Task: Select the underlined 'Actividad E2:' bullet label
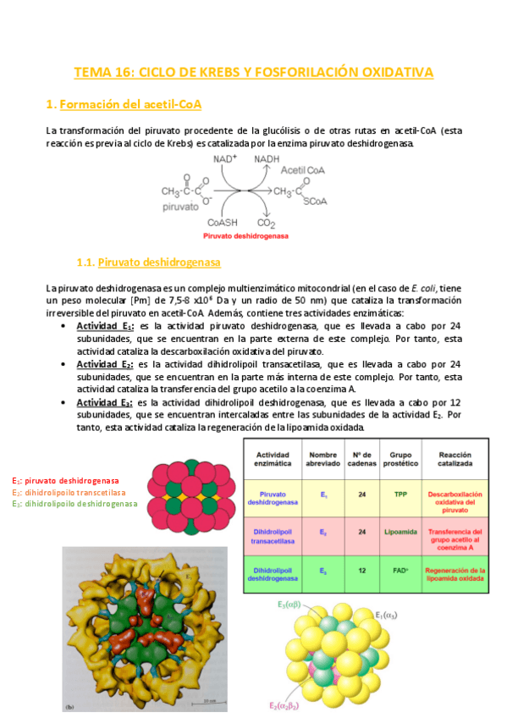(x=105, y=363)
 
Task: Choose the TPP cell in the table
(x=400, y=494)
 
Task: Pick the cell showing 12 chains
(x=361, y=572)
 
